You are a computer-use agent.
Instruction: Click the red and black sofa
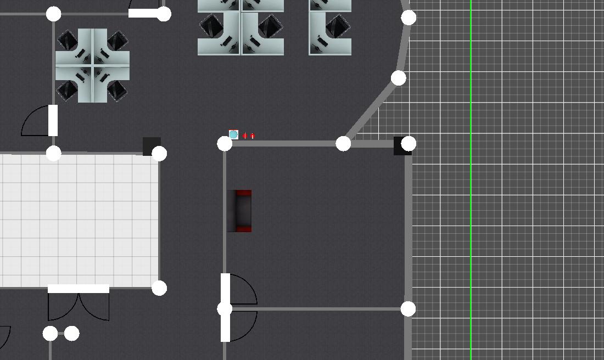tap(240, 211)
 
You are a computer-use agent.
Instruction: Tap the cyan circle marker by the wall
tap(233, 134)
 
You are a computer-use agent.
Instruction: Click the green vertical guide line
tap(471, 181)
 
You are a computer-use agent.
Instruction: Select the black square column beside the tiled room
tap(152, 146)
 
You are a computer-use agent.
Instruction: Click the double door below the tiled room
tap(79, 303)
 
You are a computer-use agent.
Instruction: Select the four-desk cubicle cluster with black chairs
tap(93, 65)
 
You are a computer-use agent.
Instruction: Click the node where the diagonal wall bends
tap(399, 78)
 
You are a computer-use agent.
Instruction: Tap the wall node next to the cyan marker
tap(225, 144)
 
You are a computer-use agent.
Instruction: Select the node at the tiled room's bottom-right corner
tap(159, 288)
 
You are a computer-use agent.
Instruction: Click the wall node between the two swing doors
tap(225, 309)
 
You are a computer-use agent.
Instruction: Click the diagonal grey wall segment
tap(371, 110)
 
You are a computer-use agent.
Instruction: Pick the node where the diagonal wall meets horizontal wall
tap(343, 144)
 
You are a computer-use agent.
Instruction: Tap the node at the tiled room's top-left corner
tap(53, 153)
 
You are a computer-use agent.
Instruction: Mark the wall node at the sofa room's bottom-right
tap(408, 309)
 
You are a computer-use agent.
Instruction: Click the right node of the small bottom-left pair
tap(72, 333)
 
